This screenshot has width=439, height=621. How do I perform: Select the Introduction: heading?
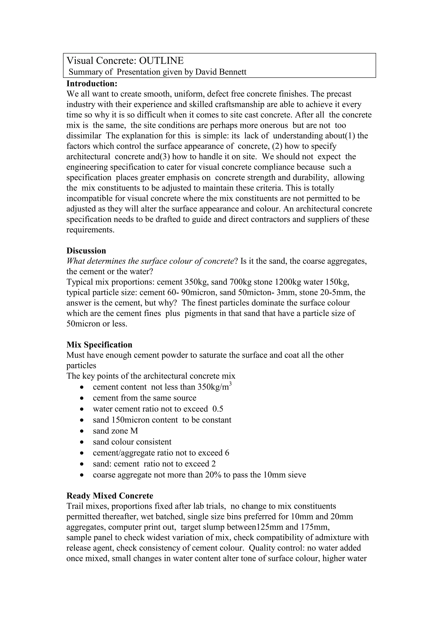coord(92,84)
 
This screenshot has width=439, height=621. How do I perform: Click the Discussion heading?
coord(86,251)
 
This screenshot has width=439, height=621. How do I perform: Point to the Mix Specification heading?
coord(99,345)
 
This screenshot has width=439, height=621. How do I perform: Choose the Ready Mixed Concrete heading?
coord(110,496)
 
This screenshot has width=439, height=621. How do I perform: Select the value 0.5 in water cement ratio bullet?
coord(218,409)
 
